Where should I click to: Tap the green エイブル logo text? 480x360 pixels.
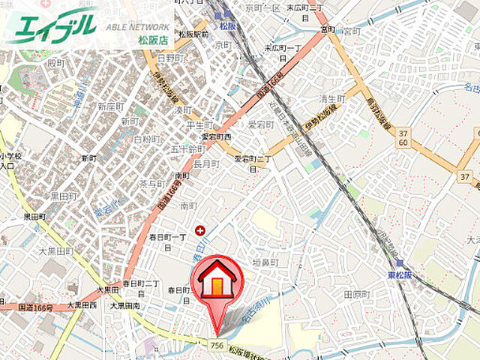click(x=53, y=25)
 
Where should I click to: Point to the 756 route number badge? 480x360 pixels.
click(x=217, y=344)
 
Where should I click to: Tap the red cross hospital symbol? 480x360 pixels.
click(x=199, y=230)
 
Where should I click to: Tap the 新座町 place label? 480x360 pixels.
click(x=110, y=106)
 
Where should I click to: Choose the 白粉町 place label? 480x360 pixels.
click(x=146, y=139)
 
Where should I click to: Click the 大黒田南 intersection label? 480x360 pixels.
click(x=125, y=305)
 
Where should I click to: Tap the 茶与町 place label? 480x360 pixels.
click(x=153, y=183)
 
